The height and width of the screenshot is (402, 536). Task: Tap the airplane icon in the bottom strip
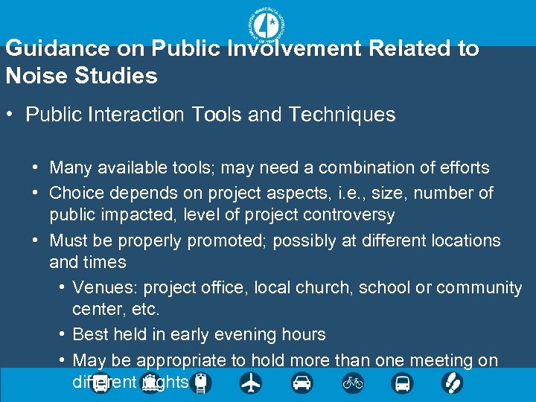click(251, 383)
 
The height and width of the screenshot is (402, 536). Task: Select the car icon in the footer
click(301, 383)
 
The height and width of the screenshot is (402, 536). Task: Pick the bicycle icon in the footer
click(352, 383)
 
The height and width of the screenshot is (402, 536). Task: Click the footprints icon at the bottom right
click(452, 383)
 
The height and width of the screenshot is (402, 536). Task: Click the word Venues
click(104, 287)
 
